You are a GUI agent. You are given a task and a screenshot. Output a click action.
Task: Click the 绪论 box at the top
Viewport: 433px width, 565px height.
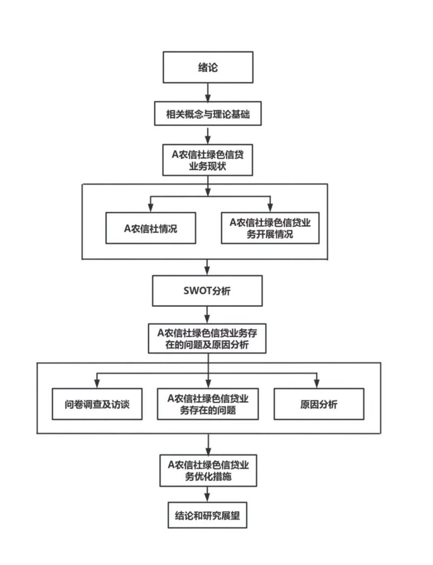click(208, 68)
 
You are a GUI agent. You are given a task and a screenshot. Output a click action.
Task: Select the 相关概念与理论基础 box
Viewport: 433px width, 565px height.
click(208, 115)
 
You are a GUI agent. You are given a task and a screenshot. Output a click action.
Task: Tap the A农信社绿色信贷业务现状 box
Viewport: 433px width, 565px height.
click(208, 160)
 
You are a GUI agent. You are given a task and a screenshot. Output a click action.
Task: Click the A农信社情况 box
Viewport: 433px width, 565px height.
click(150, 228)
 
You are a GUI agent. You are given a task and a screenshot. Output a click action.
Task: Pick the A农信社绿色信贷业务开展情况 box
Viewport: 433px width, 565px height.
click(270, 228)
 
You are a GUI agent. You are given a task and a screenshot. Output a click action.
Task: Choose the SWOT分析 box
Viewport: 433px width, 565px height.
click(207, 291)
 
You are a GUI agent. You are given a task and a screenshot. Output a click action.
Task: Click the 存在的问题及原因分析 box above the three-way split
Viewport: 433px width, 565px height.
click(207, 338)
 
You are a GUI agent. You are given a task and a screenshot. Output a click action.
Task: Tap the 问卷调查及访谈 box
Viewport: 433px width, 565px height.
click(97, 404)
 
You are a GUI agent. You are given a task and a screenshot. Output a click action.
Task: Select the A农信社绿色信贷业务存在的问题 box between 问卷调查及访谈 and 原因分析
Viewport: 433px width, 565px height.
click(208, 404)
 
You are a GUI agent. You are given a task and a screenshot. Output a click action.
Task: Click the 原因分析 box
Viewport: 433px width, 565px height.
click(319, 404)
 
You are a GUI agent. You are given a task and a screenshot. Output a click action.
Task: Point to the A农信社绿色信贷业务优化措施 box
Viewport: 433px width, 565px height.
click(208, 470)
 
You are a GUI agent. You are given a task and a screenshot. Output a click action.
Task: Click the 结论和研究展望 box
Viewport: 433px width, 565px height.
click(208, 516)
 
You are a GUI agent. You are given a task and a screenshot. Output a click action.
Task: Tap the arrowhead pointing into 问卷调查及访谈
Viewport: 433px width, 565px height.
click(97, 383)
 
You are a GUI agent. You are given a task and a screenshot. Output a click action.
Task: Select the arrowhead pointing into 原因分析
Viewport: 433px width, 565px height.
click(318, 383)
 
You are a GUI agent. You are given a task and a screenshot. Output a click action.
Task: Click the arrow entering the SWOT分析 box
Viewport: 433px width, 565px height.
click(208, 267)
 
